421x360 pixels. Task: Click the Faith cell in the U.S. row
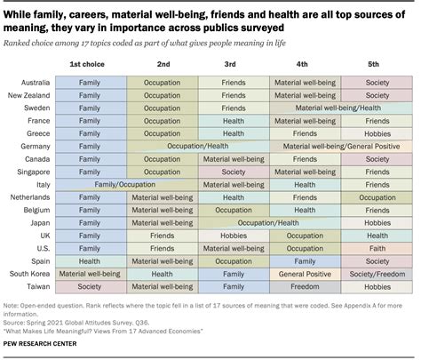377,249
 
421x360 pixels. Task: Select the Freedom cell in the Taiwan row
305,288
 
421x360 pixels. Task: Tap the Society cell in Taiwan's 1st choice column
90,288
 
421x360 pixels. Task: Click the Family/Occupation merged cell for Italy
125,184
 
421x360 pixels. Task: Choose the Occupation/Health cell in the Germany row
197,146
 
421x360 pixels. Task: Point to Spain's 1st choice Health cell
90,262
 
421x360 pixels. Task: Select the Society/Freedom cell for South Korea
377,275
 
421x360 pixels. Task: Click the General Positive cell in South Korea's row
305,275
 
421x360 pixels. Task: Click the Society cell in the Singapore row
234,172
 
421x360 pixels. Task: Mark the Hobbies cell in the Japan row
377,223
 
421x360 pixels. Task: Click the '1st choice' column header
90,64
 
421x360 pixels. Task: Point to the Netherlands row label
29,197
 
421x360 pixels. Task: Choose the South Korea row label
29,275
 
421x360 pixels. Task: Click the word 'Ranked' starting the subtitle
19,41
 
